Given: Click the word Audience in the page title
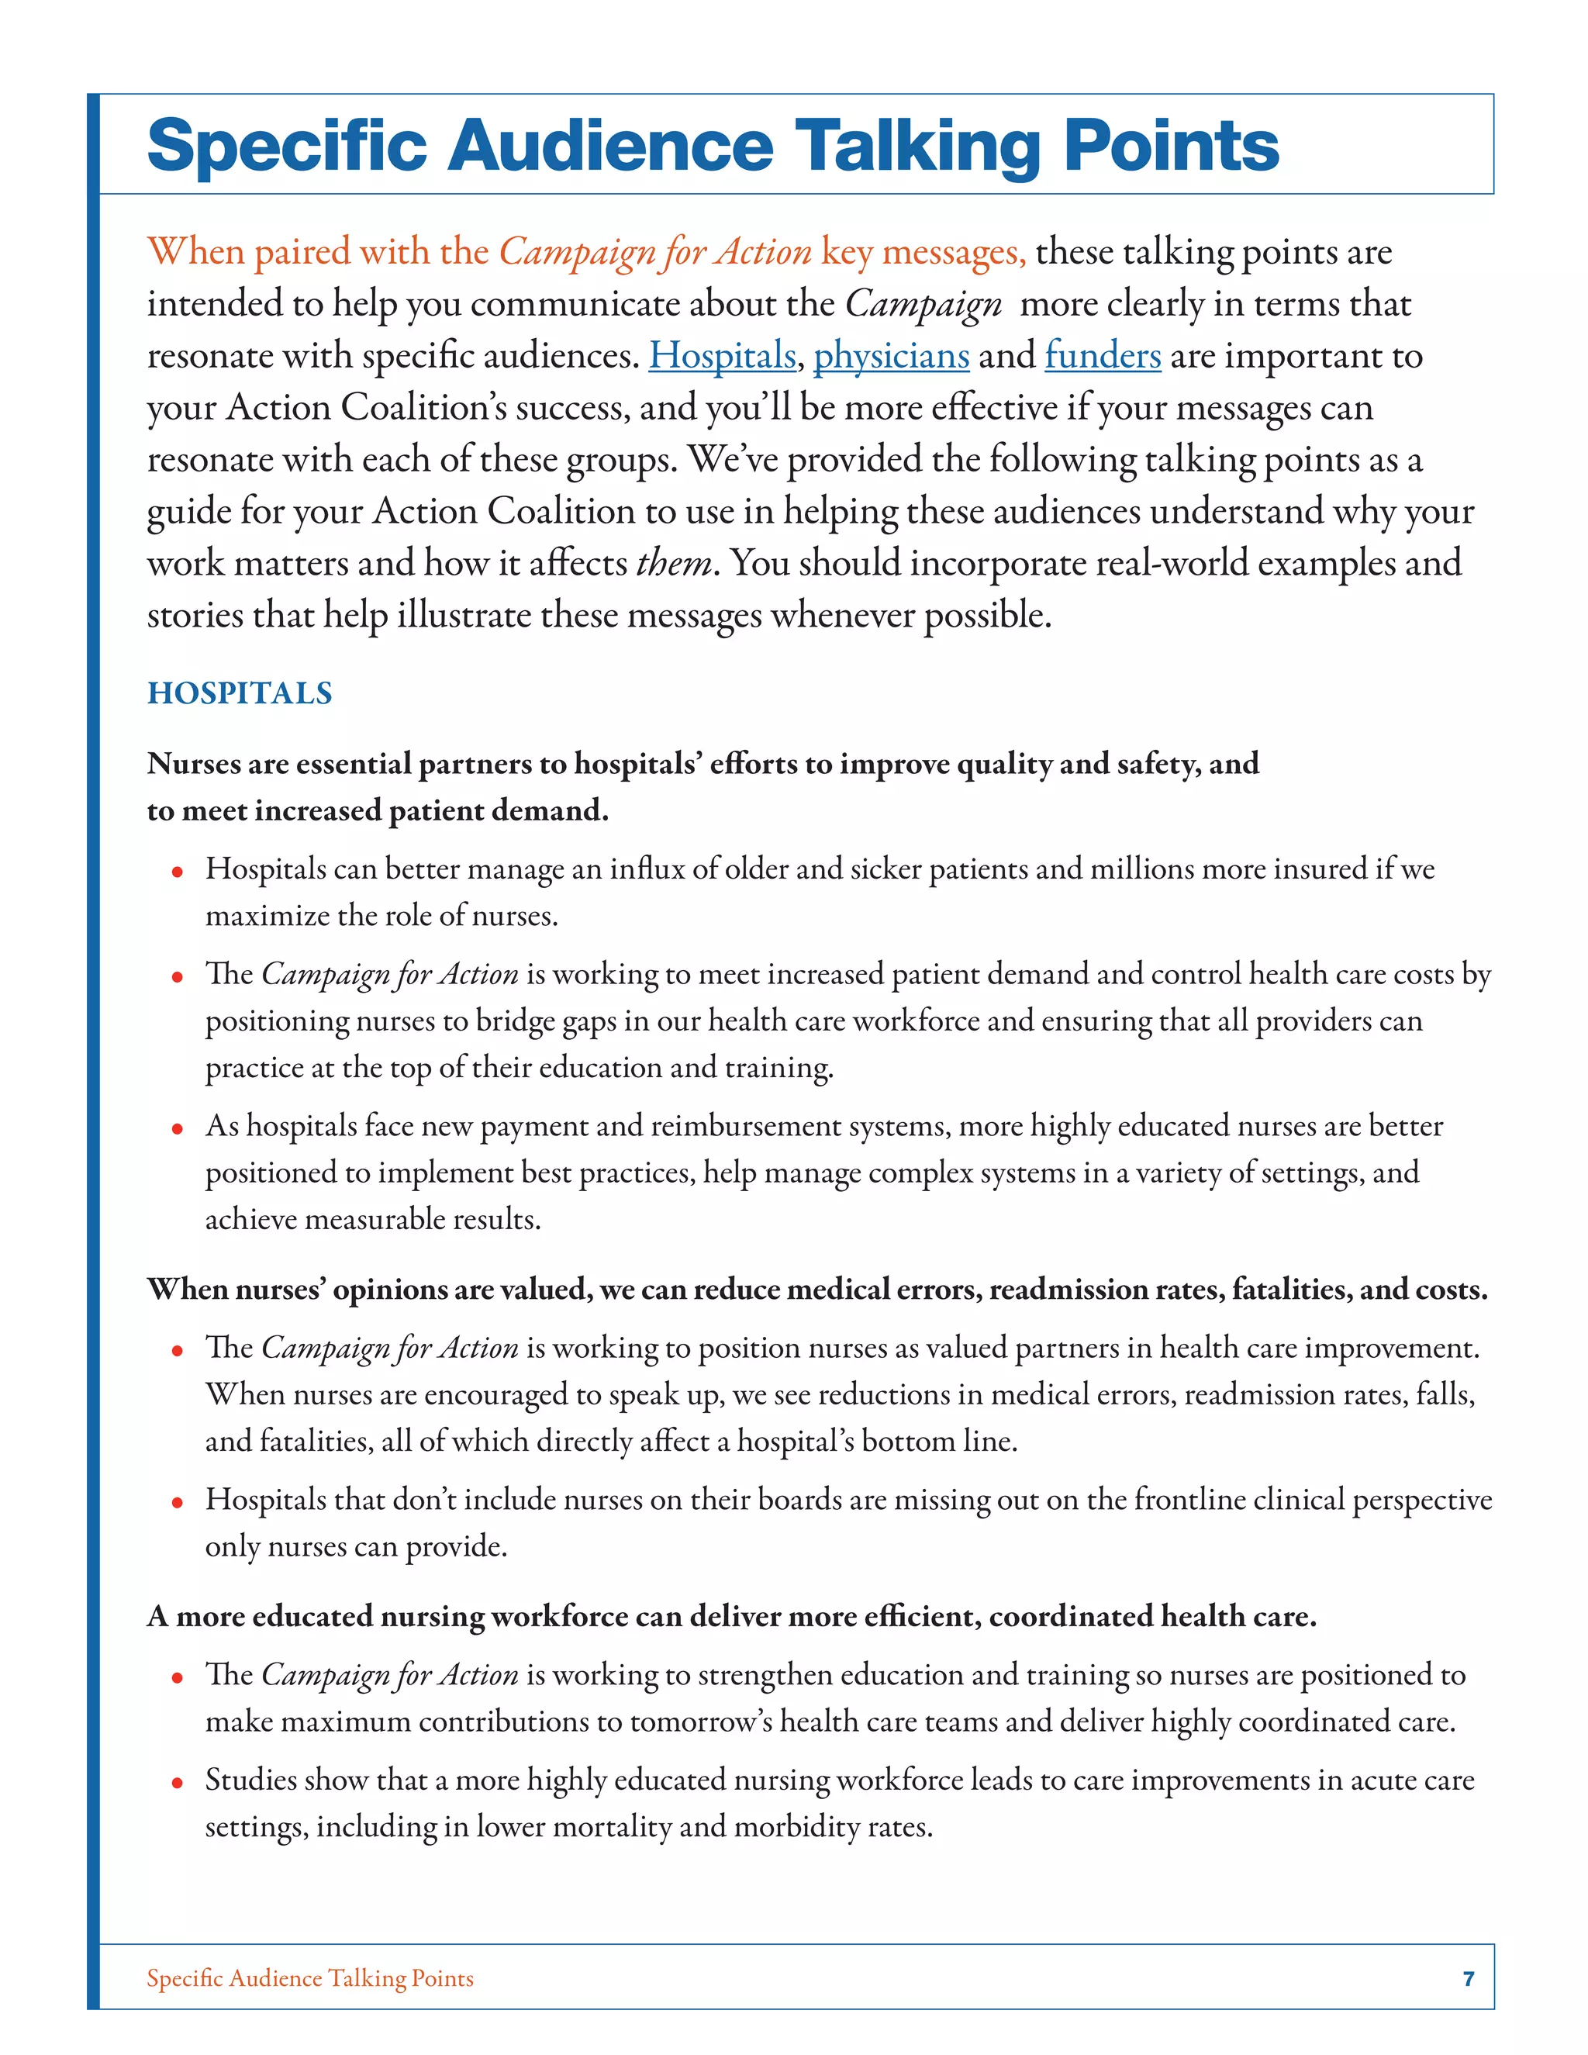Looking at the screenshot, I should tap(609, 146).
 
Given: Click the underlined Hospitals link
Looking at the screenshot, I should tap(722, 356).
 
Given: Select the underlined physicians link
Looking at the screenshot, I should tap(891, 356).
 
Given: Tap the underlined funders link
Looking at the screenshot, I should tap(1103, 356).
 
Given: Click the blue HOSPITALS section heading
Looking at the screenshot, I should tap(240, 693).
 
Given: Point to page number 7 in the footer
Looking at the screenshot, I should tap(1469, 1978).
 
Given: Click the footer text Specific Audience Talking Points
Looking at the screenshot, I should tap(310, 1978).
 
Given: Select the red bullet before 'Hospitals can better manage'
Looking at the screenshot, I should tap(177, 872).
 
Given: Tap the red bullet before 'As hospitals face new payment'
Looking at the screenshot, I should tap(177, 1129).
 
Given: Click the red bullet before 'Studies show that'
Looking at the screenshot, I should tap(177, 1783).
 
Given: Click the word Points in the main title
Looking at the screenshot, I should tap(1172, 146).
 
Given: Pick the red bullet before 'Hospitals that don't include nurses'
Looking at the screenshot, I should tap(177, 1503).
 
